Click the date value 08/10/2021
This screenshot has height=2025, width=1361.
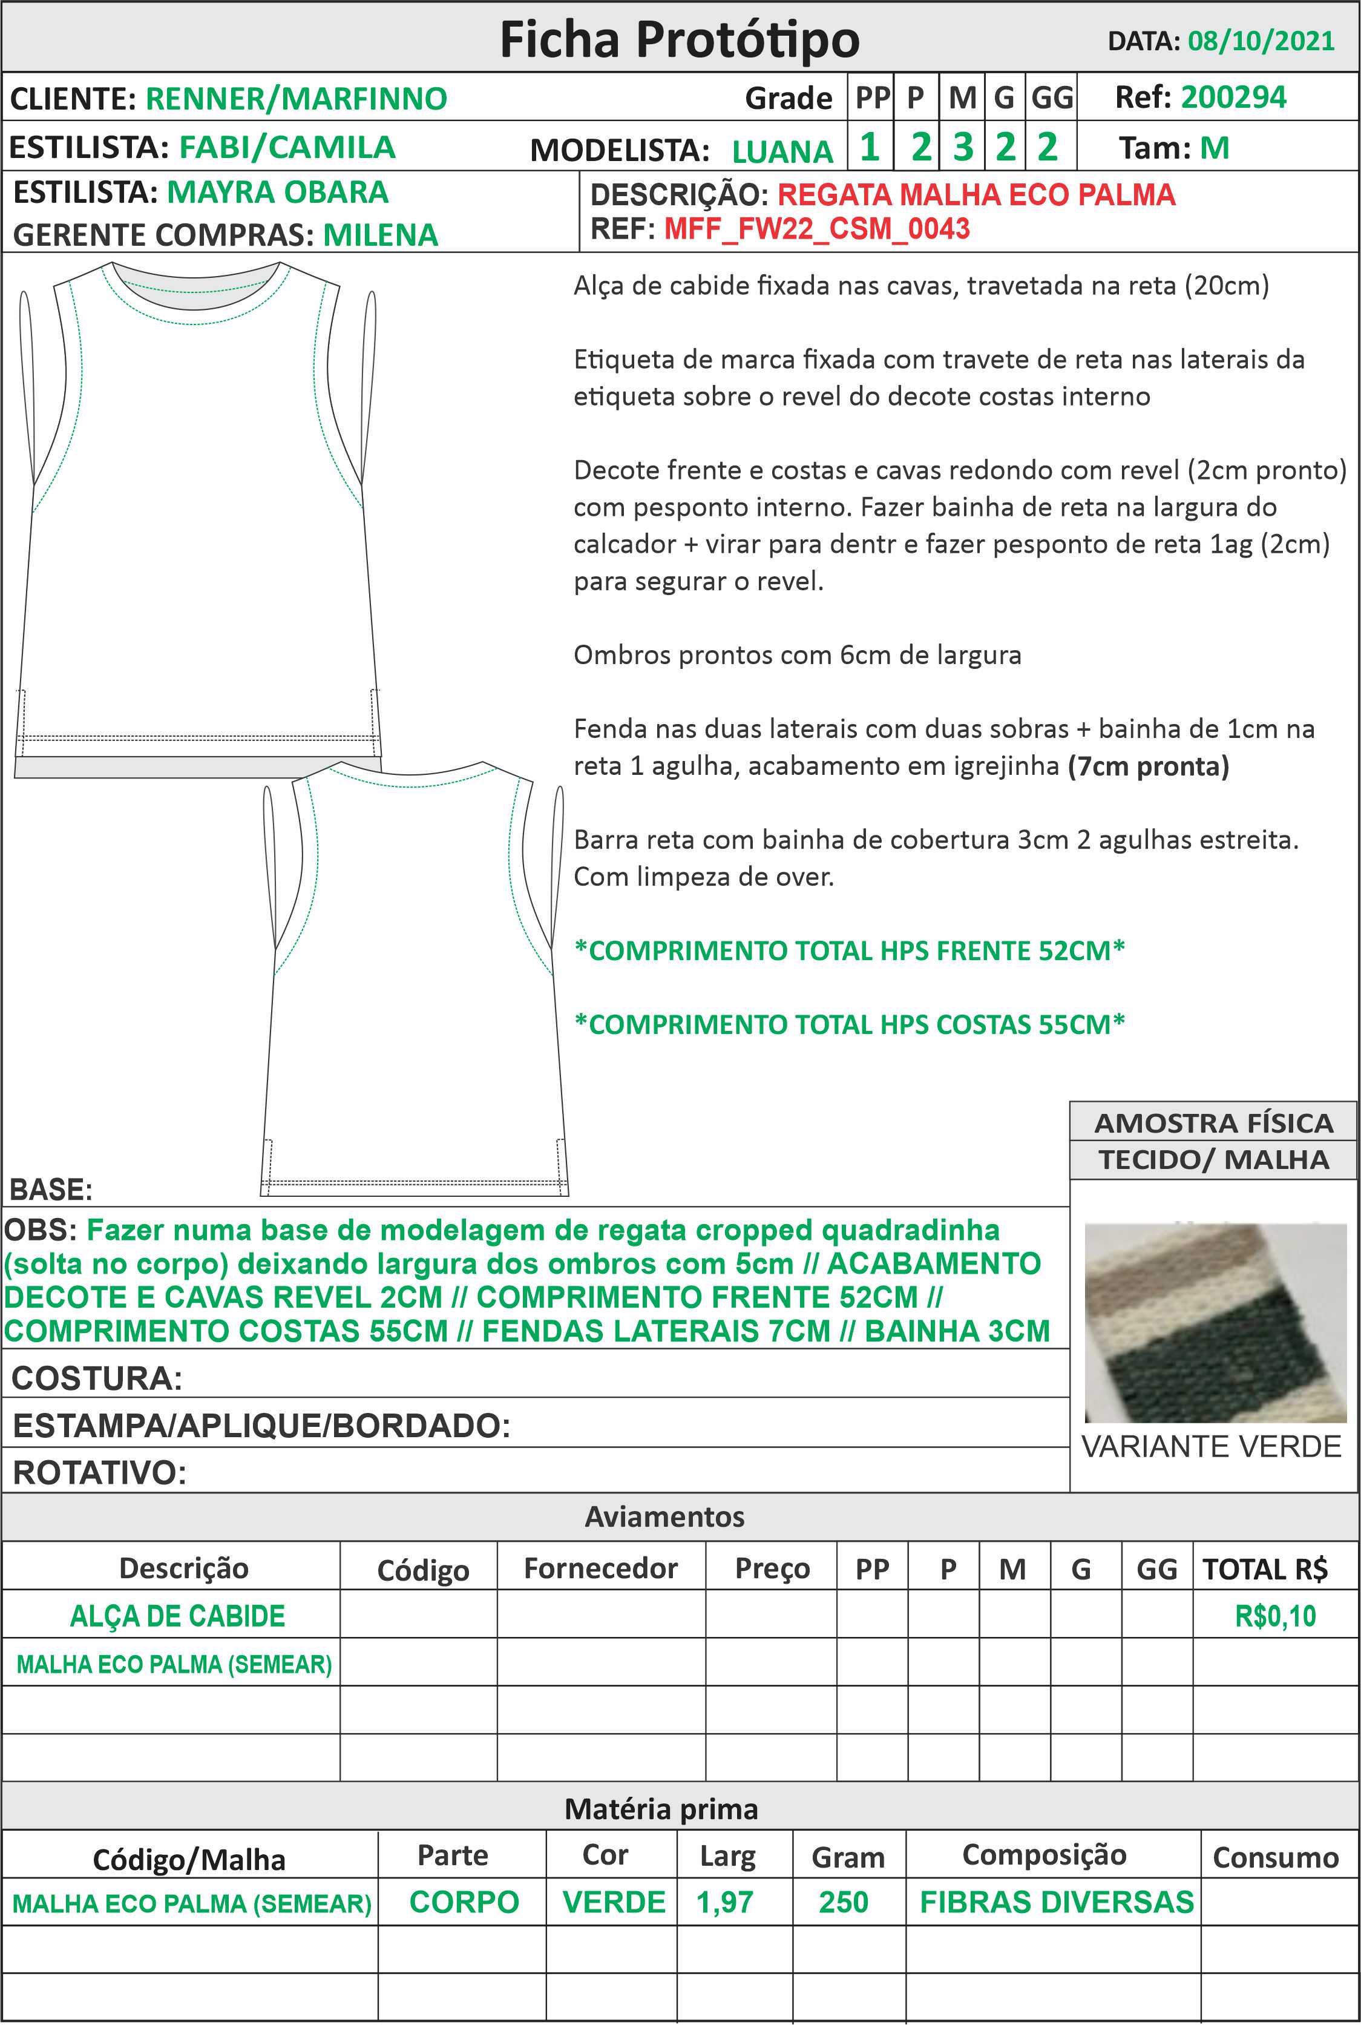point(1261,41)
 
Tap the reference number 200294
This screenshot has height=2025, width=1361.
point(1233,97)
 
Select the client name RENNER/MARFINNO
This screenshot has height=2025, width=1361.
point(296,99)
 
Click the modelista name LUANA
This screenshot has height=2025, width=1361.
point(782,151)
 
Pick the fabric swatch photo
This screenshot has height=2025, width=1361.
point(1215,1323)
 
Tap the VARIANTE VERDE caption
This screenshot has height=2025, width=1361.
point(1211,1447)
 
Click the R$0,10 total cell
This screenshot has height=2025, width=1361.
point(1274,1616)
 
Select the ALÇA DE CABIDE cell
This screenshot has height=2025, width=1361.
point(177,1616)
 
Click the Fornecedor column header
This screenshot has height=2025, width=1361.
point(601,1569)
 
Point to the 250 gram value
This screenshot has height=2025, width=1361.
point(844,1903)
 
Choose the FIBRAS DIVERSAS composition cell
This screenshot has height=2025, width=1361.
point(1057,1903)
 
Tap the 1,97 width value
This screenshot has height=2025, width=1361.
point(725,1903)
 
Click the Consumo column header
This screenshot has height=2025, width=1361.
point(1275,1857)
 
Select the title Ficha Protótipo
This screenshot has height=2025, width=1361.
point(680,39)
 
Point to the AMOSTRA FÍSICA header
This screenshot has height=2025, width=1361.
point(1213,1123)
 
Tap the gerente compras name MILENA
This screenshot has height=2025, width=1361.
point(380,235)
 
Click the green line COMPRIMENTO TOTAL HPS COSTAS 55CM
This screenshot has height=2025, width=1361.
point(849,1025)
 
